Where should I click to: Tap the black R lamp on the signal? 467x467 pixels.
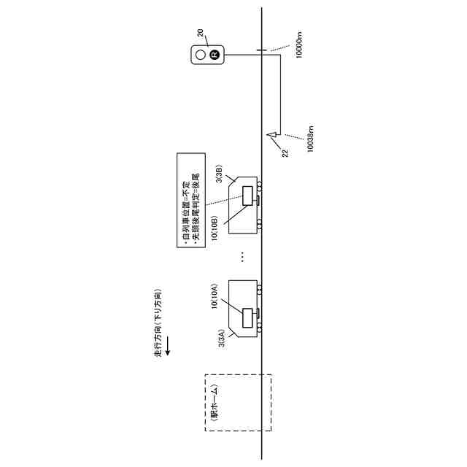pos(214,54)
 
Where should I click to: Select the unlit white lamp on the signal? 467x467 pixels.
pos(200,54)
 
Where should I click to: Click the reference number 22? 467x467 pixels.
pos(285,153)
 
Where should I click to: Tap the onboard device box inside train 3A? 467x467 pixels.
pos(248,317)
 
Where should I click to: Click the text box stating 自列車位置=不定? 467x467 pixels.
pos(190,201)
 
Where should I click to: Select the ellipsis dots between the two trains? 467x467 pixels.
pos(242,257)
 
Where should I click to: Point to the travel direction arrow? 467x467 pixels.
pos(167,346)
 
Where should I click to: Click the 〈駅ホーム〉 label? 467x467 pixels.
pos(214,404)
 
